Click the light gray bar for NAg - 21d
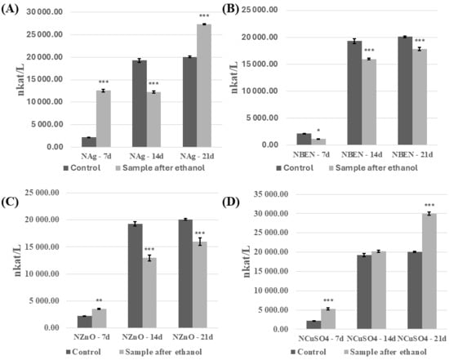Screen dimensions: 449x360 pyautogui.click(x=204, y=86)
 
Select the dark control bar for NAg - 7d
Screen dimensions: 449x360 pyautogui.click(x=89, y=142)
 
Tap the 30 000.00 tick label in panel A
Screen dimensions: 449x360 pyautogui.click(x=49, y=12)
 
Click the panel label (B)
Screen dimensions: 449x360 pyautogui.click(x=231, y=9)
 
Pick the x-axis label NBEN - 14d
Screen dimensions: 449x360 pyautogui.click(x=362, y=154)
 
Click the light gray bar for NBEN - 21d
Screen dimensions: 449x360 pyautogui.click(x=420, y=97)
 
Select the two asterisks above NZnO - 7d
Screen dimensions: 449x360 pyautogui.click(x=99, y=300)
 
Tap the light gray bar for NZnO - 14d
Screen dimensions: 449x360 pyautogui.click(x=149, y=293)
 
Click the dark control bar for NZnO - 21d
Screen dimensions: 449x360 pyautogui.click(x=185, y=273)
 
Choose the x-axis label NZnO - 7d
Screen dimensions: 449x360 pyautogui.click(x=91, y=337)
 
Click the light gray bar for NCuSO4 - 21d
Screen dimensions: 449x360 pyautogui.click(x=429, y=271)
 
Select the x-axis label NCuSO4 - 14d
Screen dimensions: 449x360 pyautogui.click(x=371, y=339)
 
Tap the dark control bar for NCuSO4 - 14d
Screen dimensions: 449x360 pyautogui.click(x=364, y=292)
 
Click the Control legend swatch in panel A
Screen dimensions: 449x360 pyautogui.click(x=65, y=168)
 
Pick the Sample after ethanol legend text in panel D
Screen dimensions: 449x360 pyautogui.click(x=389, y=352)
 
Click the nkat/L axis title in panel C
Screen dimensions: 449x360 pyautogui.click(x=18, y=260)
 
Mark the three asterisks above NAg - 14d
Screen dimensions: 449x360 pyautogui.click(x=153, y=83)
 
